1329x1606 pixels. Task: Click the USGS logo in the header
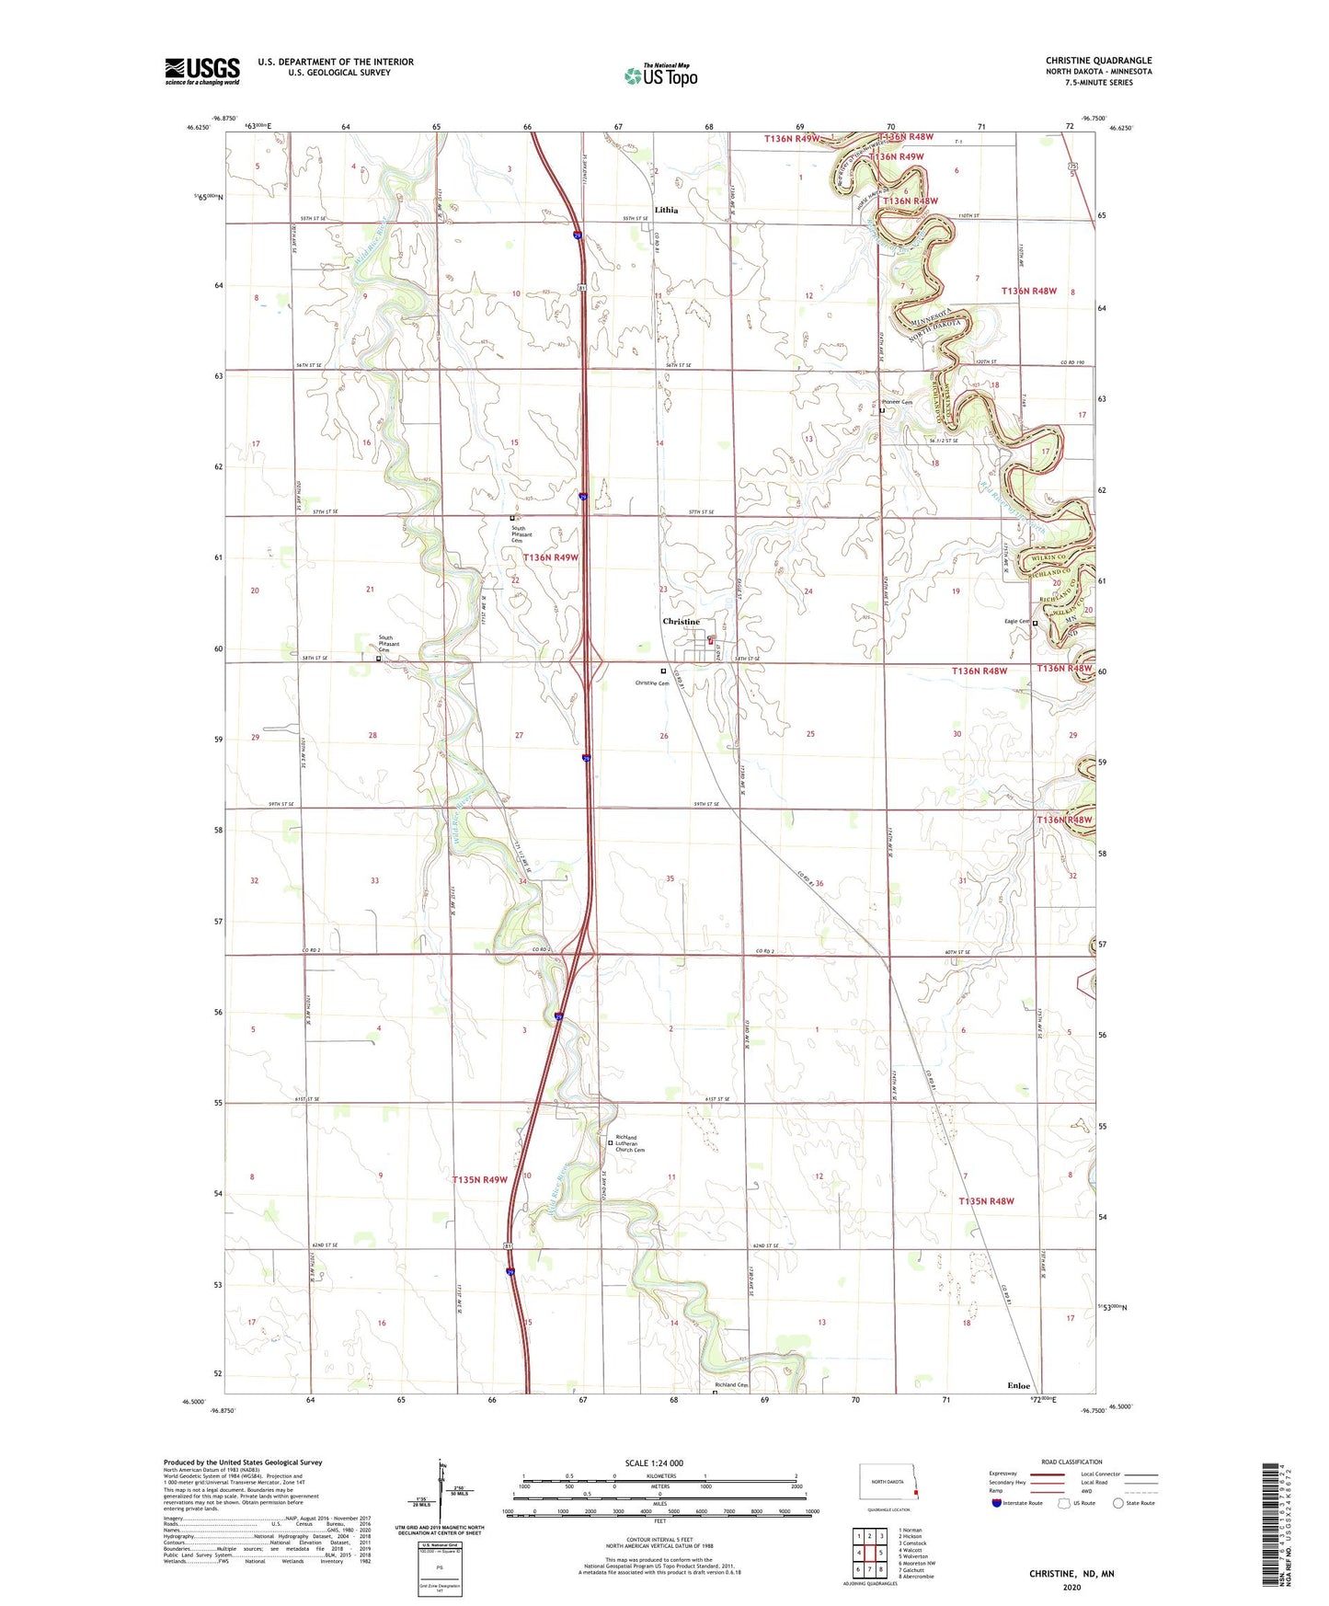tap(202, 71)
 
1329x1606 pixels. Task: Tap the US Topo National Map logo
tap(660, 75)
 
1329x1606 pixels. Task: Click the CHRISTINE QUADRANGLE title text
tap(1098, 61)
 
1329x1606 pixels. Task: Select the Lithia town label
tap(666, 210)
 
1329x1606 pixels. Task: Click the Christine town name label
tap(682, 622)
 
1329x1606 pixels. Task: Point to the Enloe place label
tap(1018, 1384)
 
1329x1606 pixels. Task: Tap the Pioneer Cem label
tap(897, 402)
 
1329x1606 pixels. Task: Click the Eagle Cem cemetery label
tap(1016, 622)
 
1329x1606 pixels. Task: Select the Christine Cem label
tap(652, 683)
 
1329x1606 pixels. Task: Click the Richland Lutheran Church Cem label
tap(630, 1143)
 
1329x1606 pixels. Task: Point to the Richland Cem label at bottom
tap(732, 1385)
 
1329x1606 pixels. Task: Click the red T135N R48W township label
tap(986, 1201)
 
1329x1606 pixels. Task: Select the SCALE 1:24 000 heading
tap(654, 1463)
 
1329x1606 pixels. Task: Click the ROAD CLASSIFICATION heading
tap(1071, 1462)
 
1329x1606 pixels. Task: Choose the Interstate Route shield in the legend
tap(997, 1503)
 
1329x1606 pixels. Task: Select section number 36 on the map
tap(819, 883)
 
